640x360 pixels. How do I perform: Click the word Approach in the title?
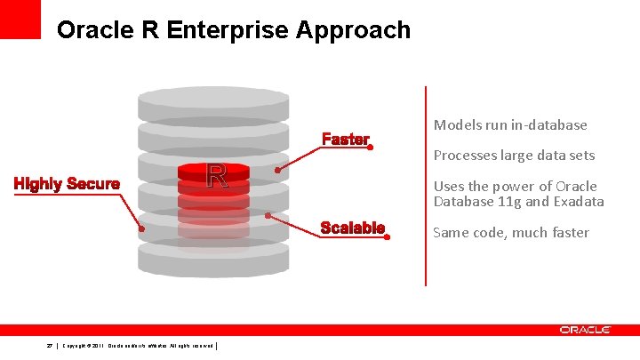(356, 30)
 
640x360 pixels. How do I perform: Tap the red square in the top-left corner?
(20, 19)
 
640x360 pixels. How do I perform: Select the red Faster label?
(345, 140)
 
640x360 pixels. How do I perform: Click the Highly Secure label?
(67, 184)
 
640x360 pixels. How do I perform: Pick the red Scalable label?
(352, 228)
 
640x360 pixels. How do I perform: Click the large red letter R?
(216, 177)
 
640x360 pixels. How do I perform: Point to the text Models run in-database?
(510, 125)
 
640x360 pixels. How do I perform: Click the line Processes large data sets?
(514, 156)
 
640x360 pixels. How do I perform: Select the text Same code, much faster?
(511, 233)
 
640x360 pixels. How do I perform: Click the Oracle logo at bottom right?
(585, 330)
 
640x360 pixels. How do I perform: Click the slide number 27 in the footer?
(49, 346)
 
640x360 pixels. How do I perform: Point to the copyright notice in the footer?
(138, 346)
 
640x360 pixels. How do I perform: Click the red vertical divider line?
(426, 187)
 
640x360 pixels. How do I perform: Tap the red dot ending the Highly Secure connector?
(140, 228)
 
